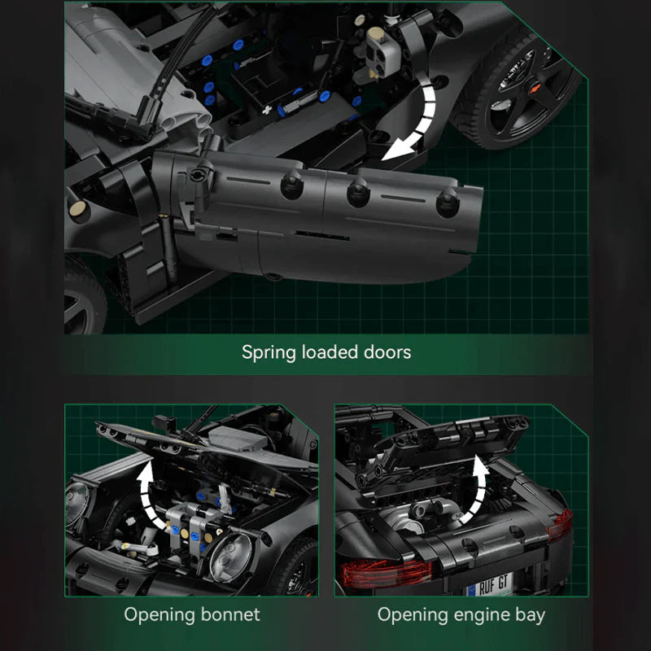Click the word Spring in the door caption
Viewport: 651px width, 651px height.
coord(269,352)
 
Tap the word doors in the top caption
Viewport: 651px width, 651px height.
coord(387,352)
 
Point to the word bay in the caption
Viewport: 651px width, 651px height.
coord(531,615)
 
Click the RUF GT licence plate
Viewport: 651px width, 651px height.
coord(490,584)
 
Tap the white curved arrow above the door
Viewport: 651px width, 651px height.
coord(415,120)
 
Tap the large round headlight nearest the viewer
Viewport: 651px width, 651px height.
coord(231,557)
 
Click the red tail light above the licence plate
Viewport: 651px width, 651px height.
coord(385,574)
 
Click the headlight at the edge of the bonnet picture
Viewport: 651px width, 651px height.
coord(76,503)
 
